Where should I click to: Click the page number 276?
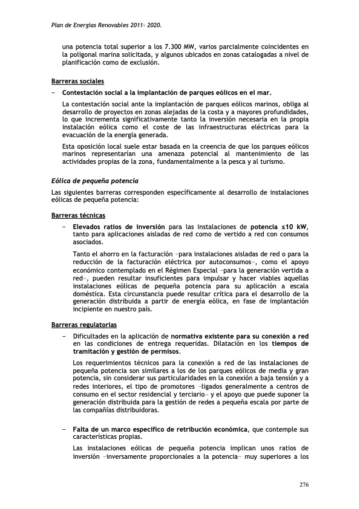pyautogui.click(x=304, y=484)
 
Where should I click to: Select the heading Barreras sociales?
pyautogui.click(x=77, y=81)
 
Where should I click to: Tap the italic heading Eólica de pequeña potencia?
pyautogui.click(x=95, y=181)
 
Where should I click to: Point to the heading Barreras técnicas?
pyautogui.click(x=79, y=216)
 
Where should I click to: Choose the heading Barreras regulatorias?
pyautogui.click(x=84, y=325)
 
